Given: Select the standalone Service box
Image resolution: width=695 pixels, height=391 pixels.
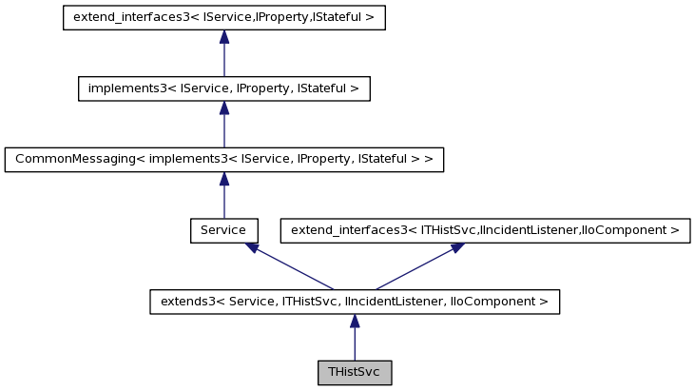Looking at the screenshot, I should point(223,230).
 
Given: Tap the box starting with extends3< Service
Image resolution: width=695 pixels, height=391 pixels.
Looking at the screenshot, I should point(355,302).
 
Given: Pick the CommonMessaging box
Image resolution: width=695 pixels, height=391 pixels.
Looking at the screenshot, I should point(223,160).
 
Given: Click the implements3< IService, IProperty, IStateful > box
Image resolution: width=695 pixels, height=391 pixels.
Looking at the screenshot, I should point(223,88).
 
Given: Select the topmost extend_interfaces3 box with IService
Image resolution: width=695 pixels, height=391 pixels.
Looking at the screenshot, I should point(223,18).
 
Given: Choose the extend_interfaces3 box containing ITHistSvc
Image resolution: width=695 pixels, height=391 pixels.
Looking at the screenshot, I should point(485,230).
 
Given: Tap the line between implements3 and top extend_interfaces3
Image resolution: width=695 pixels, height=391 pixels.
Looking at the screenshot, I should point(223,60).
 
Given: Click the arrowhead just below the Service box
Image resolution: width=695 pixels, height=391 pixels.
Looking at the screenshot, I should point(252,247).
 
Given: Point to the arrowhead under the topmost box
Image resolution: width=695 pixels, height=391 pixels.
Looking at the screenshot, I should point(223,37).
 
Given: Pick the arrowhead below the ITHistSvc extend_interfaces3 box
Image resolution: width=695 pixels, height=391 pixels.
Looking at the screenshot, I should point(457,247).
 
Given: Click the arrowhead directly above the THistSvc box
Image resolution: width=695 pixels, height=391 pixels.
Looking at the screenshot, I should point(355,322).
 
